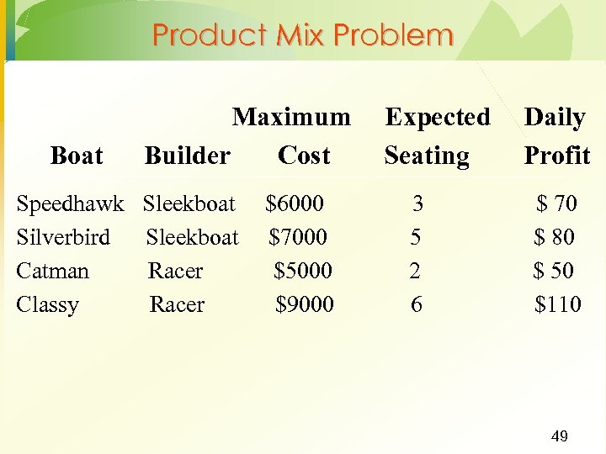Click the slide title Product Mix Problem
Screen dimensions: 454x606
point(303,35)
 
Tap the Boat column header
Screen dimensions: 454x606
point(77,156)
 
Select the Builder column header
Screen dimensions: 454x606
point(187,156)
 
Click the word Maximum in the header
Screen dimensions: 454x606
point(291,117)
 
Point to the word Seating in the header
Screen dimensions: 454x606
point(427,156)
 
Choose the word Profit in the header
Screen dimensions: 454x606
point(557,156)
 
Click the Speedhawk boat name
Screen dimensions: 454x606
point(70,203)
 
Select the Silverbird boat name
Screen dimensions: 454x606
point(63,237)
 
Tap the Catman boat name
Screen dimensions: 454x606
point(52,271)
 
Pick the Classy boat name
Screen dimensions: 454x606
point(47,304)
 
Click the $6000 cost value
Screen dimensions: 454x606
point(294,203)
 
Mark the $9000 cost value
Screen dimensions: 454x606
point(305,304)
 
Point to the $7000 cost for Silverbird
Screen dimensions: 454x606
point(298,237)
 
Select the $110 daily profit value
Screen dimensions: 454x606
point(557,304)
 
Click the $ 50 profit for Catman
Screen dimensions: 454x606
point(554,271)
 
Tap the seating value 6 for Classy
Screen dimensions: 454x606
point(417,304)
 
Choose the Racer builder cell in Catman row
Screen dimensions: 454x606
point(175,271)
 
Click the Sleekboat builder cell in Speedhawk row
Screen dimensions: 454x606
point(189,203)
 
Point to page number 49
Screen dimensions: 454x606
point(559,436)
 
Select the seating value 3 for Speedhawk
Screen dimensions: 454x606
point(417,203)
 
